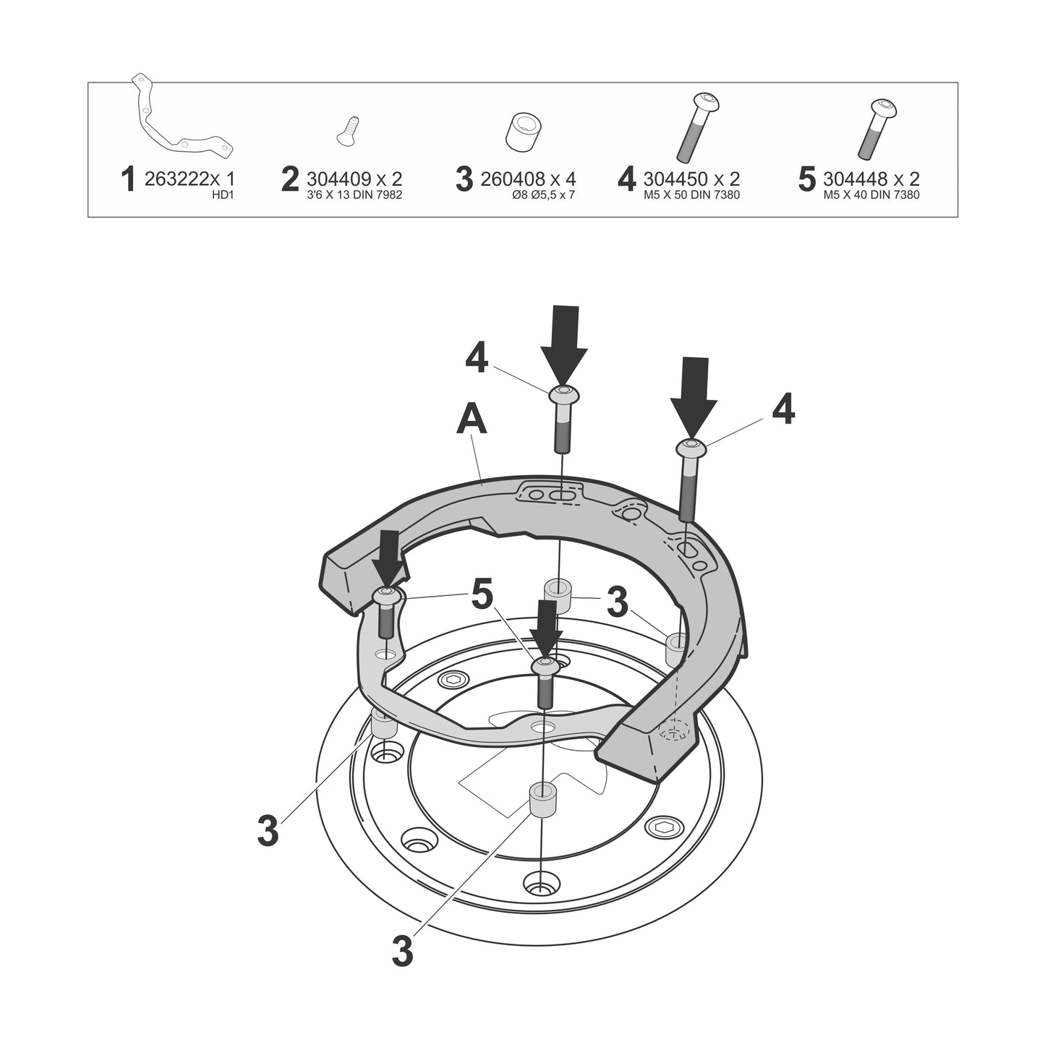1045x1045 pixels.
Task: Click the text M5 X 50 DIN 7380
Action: (x=691, y=195)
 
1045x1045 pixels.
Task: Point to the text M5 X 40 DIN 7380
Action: (x=871, y=195)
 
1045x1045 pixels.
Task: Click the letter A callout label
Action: (x=472, y=422)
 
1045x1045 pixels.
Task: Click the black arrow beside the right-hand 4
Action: (x=694, y=398)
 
